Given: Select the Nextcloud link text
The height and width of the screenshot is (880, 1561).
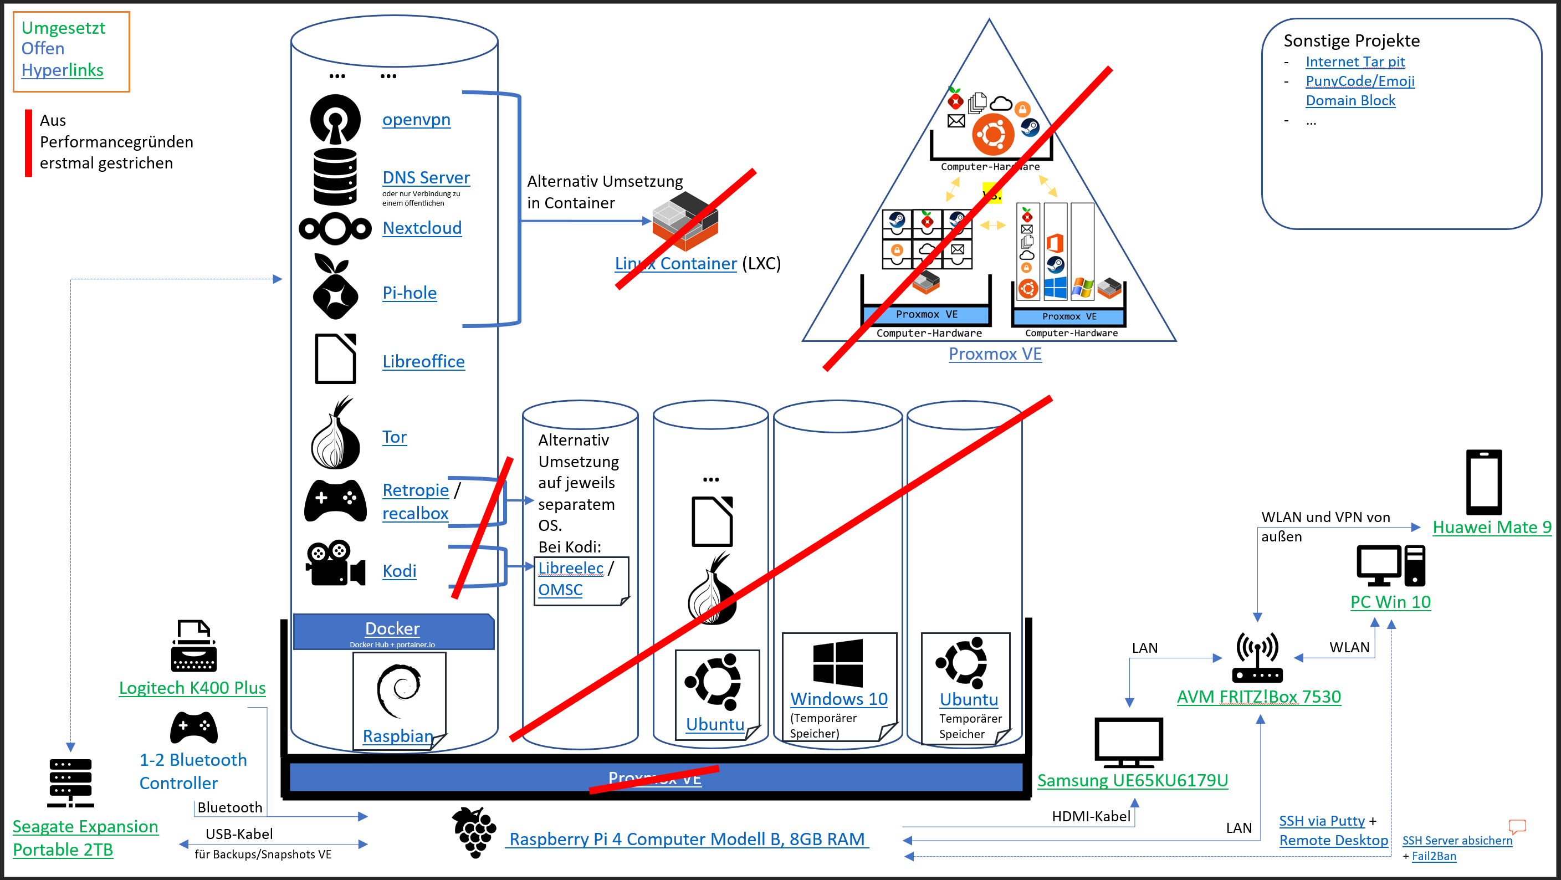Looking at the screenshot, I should (x=422, y=228).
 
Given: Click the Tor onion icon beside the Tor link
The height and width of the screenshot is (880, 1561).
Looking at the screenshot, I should (x=335, y=434).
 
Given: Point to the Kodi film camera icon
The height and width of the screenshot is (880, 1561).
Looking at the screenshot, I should (x=335, y=564).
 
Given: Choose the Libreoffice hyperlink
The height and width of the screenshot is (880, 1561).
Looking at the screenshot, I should (x=423, y=361).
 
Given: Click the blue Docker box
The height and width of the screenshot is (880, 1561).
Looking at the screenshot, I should (x=393, y=631).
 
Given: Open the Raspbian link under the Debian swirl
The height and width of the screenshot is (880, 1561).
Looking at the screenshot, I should (x=397, y=736).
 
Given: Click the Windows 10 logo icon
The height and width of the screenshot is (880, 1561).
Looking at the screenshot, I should (x=837, y=662).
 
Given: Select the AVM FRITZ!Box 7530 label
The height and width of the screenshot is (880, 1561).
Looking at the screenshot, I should (x=1258, y=697).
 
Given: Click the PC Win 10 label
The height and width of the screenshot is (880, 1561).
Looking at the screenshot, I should (x=1390, y=602).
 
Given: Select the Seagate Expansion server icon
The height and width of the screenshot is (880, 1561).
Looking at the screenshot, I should (x=70, y=782).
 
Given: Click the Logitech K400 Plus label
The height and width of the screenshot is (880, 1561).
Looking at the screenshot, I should (x=192, y=688).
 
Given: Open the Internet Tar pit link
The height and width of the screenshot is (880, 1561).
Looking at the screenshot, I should (x=1355, y=62).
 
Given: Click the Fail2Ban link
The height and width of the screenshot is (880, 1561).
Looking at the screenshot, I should (x=1434, y=856).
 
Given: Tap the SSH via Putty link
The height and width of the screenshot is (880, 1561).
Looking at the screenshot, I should (x=1322, y=821).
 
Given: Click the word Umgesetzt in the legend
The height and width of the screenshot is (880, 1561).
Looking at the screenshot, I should (x=63, y=28).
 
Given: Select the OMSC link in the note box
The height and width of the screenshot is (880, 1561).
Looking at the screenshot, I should (x=560, y=590).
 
